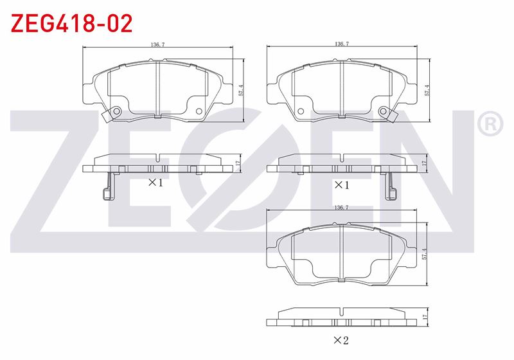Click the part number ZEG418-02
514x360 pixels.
[71, 23]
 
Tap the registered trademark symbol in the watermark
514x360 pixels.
[490, 123]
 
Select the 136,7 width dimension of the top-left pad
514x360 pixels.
[157, 44]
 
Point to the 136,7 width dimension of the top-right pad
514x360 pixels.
[342, 44]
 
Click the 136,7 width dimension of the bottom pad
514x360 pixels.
[341, 208]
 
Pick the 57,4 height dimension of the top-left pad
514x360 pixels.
[242, 91]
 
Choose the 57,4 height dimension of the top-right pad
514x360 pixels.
[427, 91]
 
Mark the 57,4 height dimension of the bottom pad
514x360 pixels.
[425, 254]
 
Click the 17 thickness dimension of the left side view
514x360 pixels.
[238, 163]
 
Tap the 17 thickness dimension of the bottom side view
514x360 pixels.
[425, 317]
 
